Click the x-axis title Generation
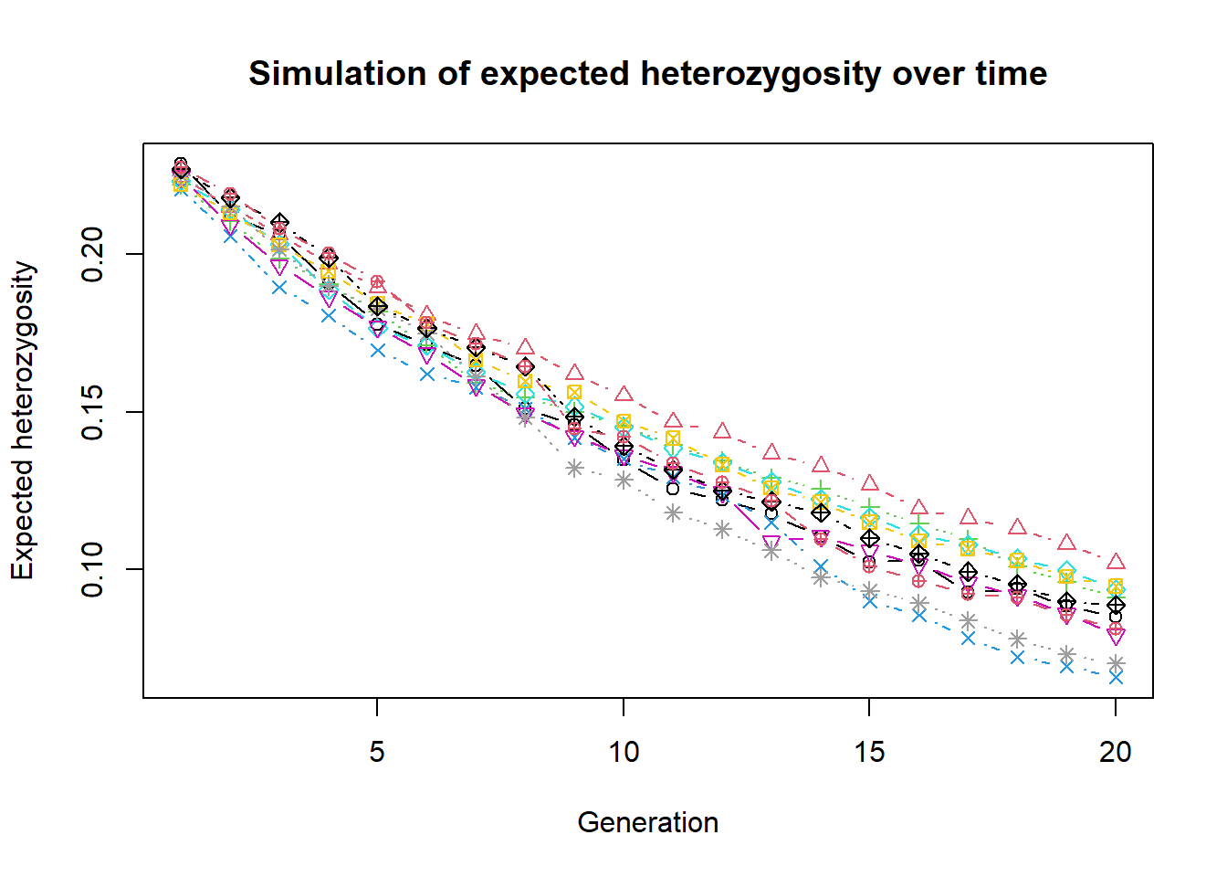coord(648,822)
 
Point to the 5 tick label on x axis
coord(377,752)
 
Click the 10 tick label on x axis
coord(624,752)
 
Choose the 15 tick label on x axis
coord(869,752)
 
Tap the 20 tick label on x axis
coord(1115,752)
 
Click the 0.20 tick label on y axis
coord(93,254)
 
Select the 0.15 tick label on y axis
coord(93,412)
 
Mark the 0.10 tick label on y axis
coord(93,569)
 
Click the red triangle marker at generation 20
coord(1116,561)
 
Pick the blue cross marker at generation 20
coord(1116,677)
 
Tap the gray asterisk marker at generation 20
coord(1116,663)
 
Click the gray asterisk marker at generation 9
coord(574,469)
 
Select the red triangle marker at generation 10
coord(624,395)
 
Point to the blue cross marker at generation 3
coord(278,288)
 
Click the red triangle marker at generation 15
coord(869,482)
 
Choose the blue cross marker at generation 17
coord(968,638)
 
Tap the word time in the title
coord(1012,74)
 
